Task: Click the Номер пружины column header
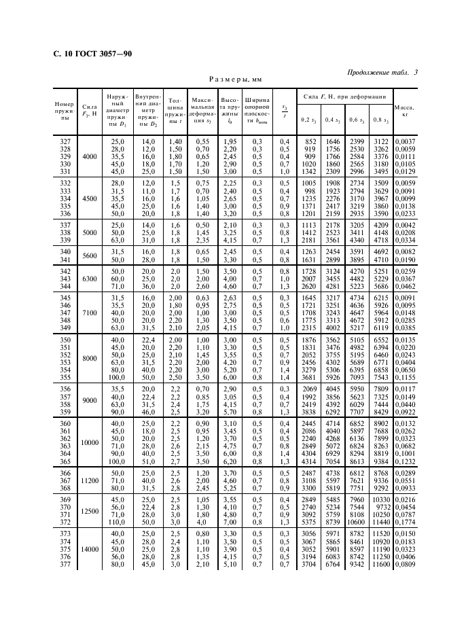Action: (x=65, y=111)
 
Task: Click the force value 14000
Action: (x=90, y=549)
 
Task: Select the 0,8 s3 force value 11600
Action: (x=380, y=564)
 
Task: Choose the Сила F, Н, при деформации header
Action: (x=344, y=97)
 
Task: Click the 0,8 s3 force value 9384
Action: (x=380, y=461)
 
